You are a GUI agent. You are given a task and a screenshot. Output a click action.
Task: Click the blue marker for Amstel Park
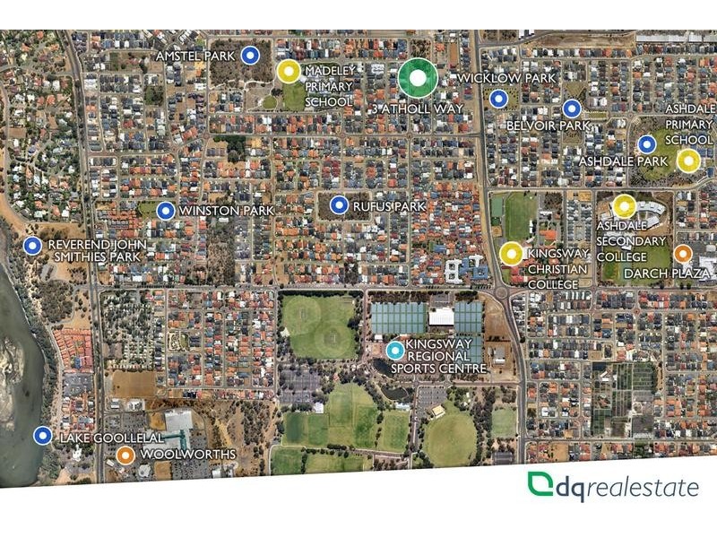pyautogui.click(x=252, y=56)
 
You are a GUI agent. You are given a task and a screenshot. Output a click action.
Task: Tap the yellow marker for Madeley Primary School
pyautogui.click(x=288, y=72)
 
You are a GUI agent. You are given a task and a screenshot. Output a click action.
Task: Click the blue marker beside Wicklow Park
pyautogui.click(x=499, y=99)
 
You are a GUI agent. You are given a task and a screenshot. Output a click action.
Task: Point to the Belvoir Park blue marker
pyautogui.click(x=572, y=109)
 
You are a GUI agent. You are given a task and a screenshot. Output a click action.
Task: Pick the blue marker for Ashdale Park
pyautogui.click(x=646, y=143)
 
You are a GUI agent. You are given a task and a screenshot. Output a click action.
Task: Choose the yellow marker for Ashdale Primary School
pyautogui.click(x=688, y=161)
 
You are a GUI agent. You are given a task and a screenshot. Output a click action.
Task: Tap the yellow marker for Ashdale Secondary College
pyautogui.click(x=625, y=206)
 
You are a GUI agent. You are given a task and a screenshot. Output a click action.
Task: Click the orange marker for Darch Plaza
pyautogui.click(x=683, y=254)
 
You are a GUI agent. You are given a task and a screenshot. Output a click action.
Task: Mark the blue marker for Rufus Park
pyautogui.click(x=339, y=205)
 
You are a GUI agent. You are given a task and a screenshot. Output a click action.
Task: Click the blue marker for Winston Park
pyautogui.click(x=166, y=211)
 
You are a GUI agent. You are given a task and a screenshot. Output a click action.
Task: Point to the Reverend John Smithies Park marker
pyautogui.click(x=33, y=245)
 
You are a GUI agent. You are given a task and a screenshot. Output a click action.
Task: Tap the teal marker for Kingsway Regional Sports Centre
pyautogui.click(x=394, y=351)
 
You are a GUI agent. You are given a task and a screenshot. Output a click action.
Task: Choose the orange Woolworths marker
pyautogui.click(x=125, y=455)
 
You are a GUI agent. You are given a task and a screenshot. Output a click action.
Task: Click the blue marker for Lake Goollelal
pyautogui.click(x=42, y=436)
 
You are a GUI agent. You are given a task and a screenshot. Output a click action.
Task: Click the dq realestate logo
pyautogui.click(x=613, y=487)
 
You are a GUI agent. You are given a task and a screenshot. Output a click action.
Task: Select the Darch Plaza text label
pyautogui.click(x=668, y=273)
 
